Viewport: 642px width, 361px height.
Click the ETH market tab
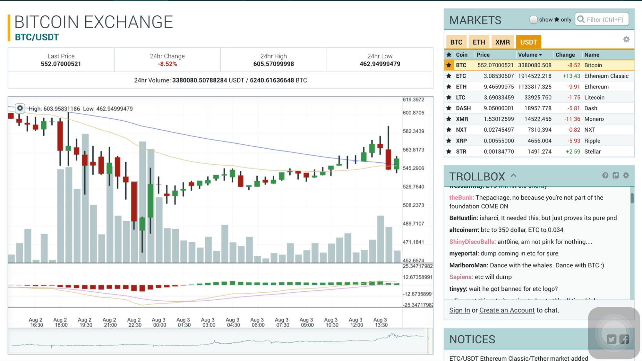(x=479, y=42)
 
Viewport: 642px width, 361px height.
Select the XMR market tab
(x=502, y=42)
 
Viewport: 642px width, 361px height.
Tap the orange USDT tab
(x=528, y=42)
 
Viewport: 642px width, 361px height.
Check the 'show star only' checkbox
(x=533, y=20)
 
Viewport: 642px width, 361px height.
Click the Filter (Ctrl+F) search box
(x=605, y=20)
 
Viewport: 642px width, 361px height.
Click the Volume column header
(x=530, y=55)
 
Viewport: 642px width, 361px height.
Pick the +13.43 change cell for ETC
(x=571, y=76)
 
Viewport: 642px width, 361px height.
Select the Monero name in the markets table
(x=594, y=119)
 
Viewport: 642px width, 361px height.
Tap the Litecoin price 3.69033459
(x=499, y=98)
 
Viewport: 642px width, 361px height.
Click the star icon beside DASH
(x=449, y=108)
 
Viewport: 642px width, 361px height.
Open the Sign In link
(x=459, y=310)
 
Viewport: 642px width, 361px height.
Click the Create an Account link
(x=507, y=310)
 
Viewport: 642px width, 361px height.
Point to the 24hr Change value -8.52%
(x=167, y=64)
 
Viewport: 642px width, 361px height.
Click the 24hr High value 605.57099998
(x=273, y=64)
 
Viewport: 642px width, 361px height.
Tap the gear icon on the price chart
(x=20, y=108)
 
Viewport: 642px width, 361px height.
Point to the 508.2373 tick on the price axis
(x=413, y=205)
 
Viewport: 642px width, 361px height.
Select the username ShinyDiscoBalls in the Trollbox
(x=472, y=242)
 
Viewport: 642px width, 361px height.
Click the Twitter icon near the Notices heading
(x=611, y=339)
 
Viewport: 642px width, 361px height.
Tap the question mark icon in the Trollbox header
(x=605, y=176)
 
